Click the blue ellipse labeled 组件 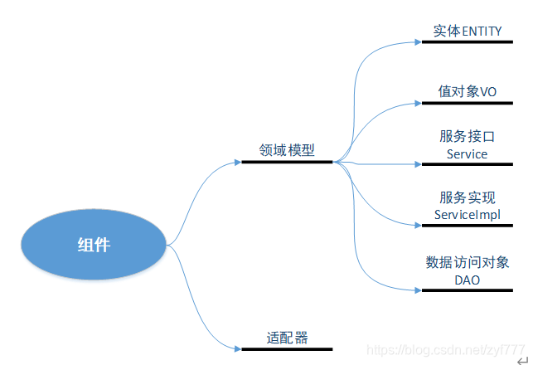[94, 245]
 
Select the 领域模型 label [286, 150]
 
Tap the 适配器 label [287, 338]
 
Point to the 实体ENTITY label [468, 31]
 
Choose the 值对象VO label [468, 91]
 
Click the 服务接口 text [467, 136]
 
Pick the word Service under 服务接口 [467, 153]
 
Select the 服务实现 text [467, 197]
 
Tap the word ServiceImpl [467, 215]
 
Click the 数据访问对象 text [467, 262]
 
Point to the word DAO [467, 280]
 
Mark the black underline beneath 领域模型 [287, 162]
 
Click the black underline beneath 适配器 [287, 349]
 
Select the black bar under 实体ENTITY [468, 41]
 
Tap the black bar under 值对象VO [468, 103]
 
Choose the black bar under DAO [468, 290]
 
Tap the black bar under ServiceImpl [468, 225]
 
